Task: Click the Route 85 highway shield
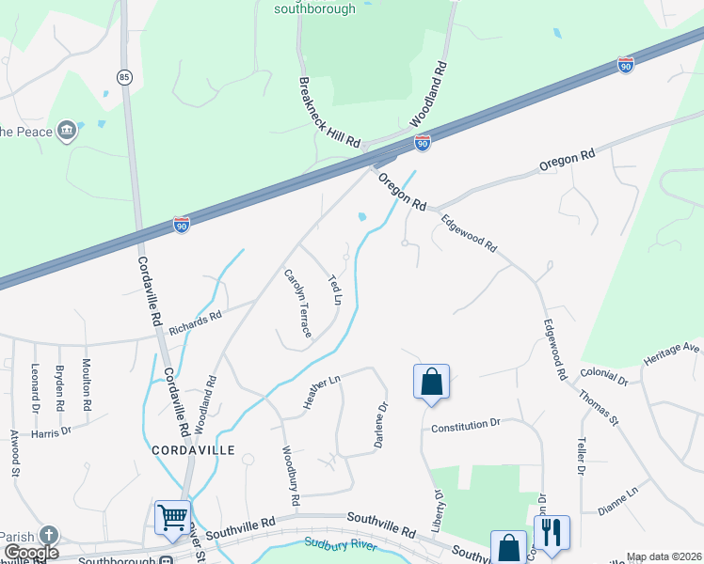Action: (124, 75)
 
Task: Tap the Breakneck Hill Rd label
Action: (329, 111)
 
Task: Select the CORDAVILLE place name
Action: (191, 450)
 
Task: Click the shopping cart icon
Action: (172, 517)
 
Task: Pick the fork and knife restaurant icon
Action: (551, 531)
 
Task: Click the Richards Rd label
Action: (195, 323)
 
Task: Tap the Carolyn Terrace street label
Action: (298, 304)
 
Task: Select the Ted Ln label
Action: (333, 290)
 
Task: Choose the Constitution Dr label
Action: (464, 427)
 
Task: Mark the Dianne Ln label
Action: (617, 501)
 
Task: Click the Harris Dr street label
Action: (51, 431)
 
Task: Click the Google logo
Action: (30, 553)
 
